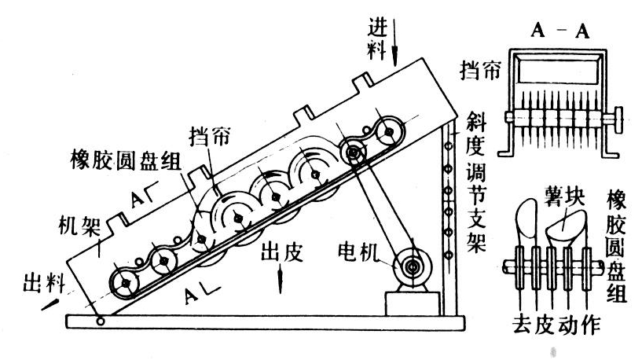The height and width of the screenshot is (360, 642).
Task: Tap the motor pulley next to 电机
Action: click(412, 268)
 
